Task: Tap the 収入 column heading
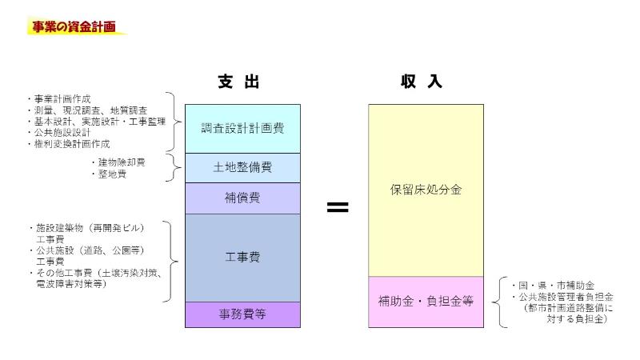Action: [x=422, y=82]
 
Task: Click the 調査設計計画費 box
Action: [x=242, y=128]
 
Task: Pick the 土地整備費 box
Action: [x=242, y=167]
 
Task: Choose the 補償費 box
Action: [x=242, y=197]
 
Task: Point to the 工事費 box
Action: [x=242, y=257]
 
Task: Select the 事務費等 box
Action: [x=242, y=314]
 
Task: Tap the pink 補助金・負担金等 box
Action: [x=426, y=302]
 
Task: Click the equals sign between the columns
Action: [x=338, y=207]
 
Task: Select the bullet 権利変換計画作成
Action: [x=69, y=144]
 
